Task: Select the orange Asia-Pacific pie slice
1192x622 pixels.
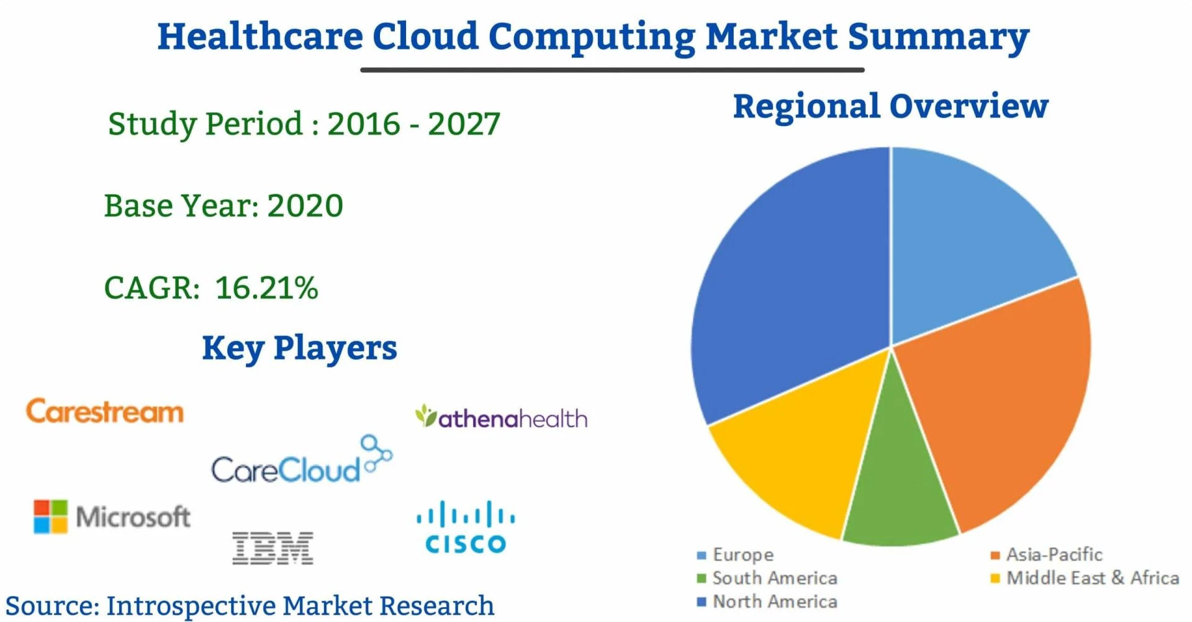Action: pyautogui.click(x=1000, y=397)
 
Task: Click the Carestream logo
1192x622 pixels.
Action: pyautogui.click(x=105, y=412)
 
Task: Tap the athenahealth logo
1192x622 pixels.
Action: pyautogui.click(x=502, y=418)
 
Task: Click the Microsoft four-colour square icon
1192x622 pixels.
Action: pyautogui.click(x=50, y=516)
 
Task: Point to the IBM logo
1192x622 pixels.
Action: pyautogui.click(x=273, y=548)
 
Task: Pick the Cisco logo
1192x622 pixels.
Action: pyautogui.click(x=466, y=528)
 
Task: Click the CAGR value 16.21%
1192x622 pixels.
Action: pyautogui.click(x=266, y=288)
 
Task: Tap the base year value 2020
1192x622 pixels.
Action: pyautogui.click(x=305, y=205)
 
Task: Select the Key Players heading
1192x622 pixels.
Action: pyautogui.click(x=299, y=348)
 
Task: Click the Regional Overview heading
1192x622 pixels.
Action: pyautogui.click(x=890, y=106)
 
